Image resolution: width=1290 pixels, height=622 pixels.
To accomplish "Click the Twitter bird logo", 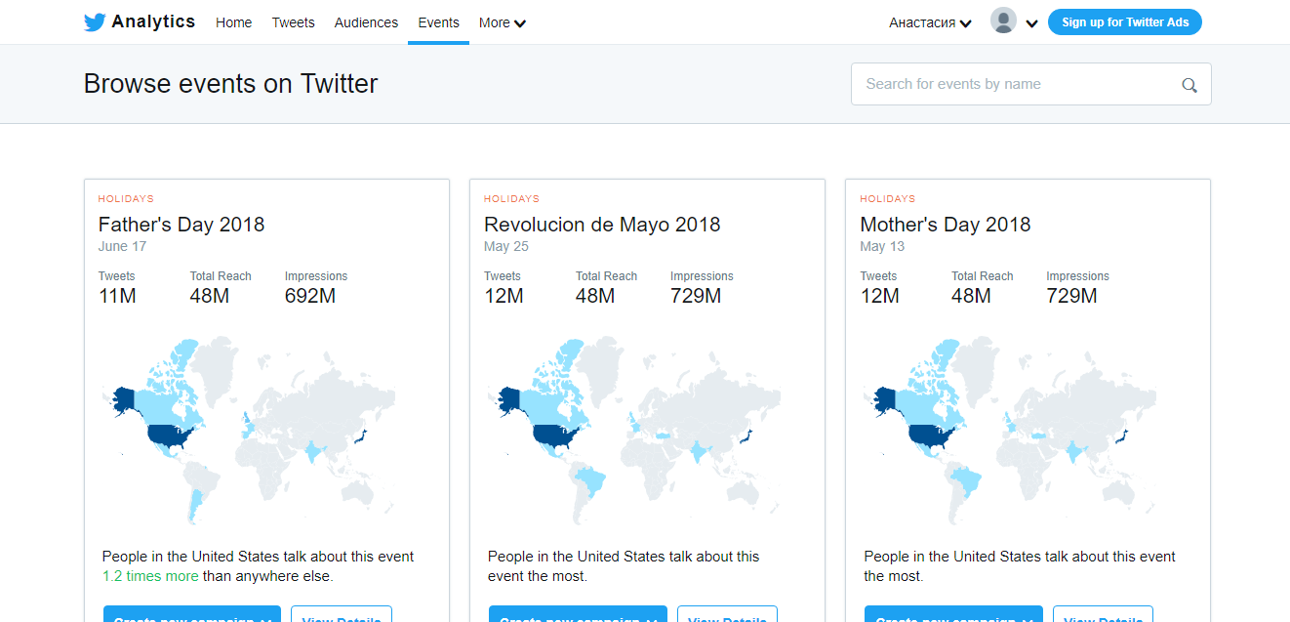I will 95,22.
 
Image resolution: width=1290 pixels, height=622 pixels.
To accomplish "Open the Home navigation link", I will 233,22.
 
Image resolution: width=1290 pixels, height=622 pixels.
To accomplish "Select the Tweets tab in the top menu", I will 293,22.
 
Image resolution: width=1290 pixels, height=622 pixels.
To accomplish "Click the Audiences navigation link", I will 366,22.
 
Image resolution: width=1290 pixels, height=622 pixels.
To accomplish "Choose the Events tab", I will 438,22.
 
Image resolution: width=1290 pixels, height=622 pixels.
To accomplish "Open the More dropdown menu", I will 502,22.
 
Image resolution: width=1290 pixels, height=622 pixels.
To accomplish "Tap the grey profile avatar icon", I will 1003,21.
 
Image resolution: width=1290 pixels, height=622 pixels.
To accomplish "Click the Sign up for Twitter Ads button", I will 1124,22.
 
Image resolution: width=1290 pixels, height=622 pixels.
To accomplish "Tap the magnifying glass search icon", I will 1189,85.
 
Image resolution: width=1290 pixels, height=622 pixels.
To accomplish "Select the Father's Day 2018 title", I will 181,225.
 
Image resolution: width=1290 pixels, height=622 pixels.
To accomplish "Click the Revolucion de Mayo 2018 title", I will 602,225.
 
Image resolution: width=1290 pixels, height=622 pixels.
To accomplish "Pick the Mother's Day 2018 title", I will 945,225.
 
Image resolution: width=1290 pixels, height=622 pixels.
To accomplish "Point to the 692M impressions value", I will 310,296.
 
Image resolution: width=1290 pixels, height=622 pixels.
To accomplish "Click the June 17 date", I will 122,247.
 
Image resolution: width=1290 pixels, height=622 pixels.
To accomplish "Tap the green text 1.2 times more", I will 150,576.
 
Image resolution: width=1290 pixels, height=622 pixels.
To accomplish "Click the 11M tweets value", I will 117,296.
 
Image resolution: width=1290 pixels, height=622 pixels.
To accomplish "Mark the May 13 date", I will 882,247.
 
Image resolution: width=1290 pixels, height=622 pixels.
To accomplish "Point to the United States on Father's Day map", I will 169,435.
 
